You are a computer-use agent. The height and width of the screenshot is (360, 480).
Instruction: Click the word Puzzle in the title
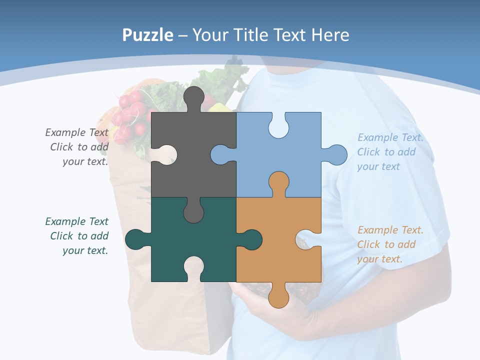[x=147, y=35]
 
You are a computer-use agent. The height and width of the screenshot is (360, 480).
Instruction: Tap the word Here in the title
[x=329, y=35]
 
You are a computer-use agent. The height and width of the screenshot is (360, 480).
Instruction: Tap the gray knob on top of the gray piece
[x=194, y=97]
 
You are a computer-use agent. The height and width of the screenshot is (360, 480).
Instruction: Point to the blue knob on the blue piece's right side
[x=337, y=154]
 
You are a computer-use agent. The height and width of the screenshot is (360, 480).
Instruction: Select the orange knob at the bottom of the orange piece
[x=278, y=298]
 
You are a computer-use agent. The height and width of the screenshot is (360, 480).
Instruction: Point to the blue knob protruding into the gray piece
[x=220, y=154]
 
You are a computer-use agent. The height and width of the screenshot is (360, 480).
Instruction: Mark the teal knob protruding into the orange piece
[x=251, y=239]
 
